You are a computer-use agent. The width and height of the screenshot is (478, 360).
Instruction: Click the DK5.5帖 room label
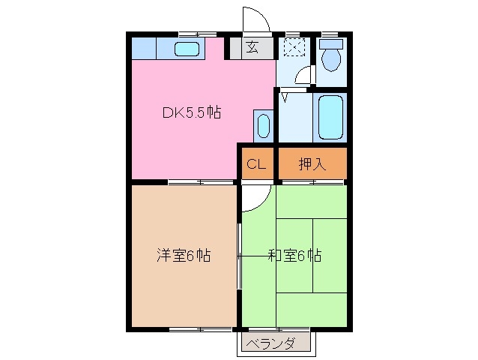coord(192,113)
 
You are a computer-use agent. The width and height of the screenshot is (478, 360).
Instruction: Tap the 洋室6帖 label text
coord(183,256)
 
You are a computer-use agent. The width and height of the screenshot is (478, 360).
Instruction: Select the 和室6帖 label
coord(294,256)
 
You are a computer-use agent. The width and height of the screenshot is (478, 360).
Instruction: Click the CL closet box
coord(255,163)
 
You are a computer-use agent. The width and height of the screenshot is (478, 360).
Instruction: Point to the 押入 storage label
coord(312,163)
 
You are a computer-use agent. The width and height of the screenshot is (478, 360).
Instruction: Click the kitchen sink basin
coord(187,49)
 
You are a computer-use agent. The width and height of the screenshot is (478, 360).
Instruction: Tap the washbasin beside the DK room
coord(261,125)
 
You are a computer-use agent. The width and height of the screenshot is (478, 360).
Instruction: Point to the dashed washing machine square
coord(294,48)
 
